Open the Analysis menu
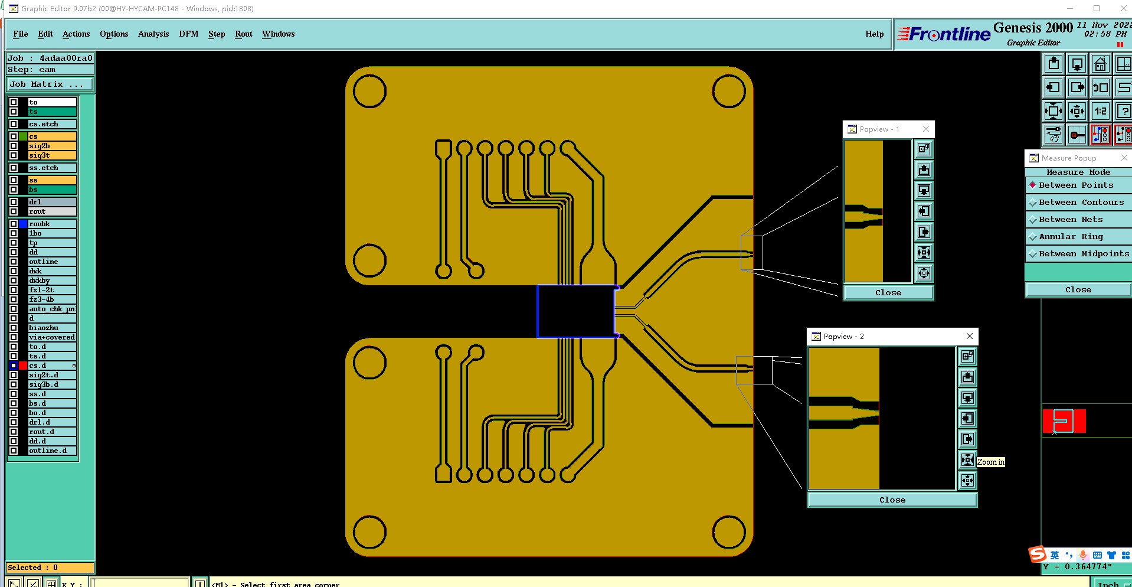(153, 34)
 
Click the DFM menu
(188, 34)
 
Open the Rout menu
(243, 34)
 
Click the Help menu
(874, 34)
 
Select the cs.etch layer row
(52, 124)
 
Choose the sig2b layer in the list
(52, 146)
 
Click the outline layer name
(52, 262)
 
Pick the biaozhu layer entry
(52, 328)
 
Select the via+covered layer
(52, 337)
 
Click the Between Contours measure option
(1081, 202)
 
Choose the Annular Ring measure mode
(1070, 236)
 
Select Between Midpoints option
(1083, 253)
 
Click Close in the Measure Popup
(1078, 289)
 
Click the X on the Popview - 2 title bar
(969, 336)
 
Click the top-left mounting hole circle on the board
(369, 91)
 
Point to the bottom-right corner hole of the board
(729, 531)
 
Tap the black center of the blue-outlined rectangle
(575, 311)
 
